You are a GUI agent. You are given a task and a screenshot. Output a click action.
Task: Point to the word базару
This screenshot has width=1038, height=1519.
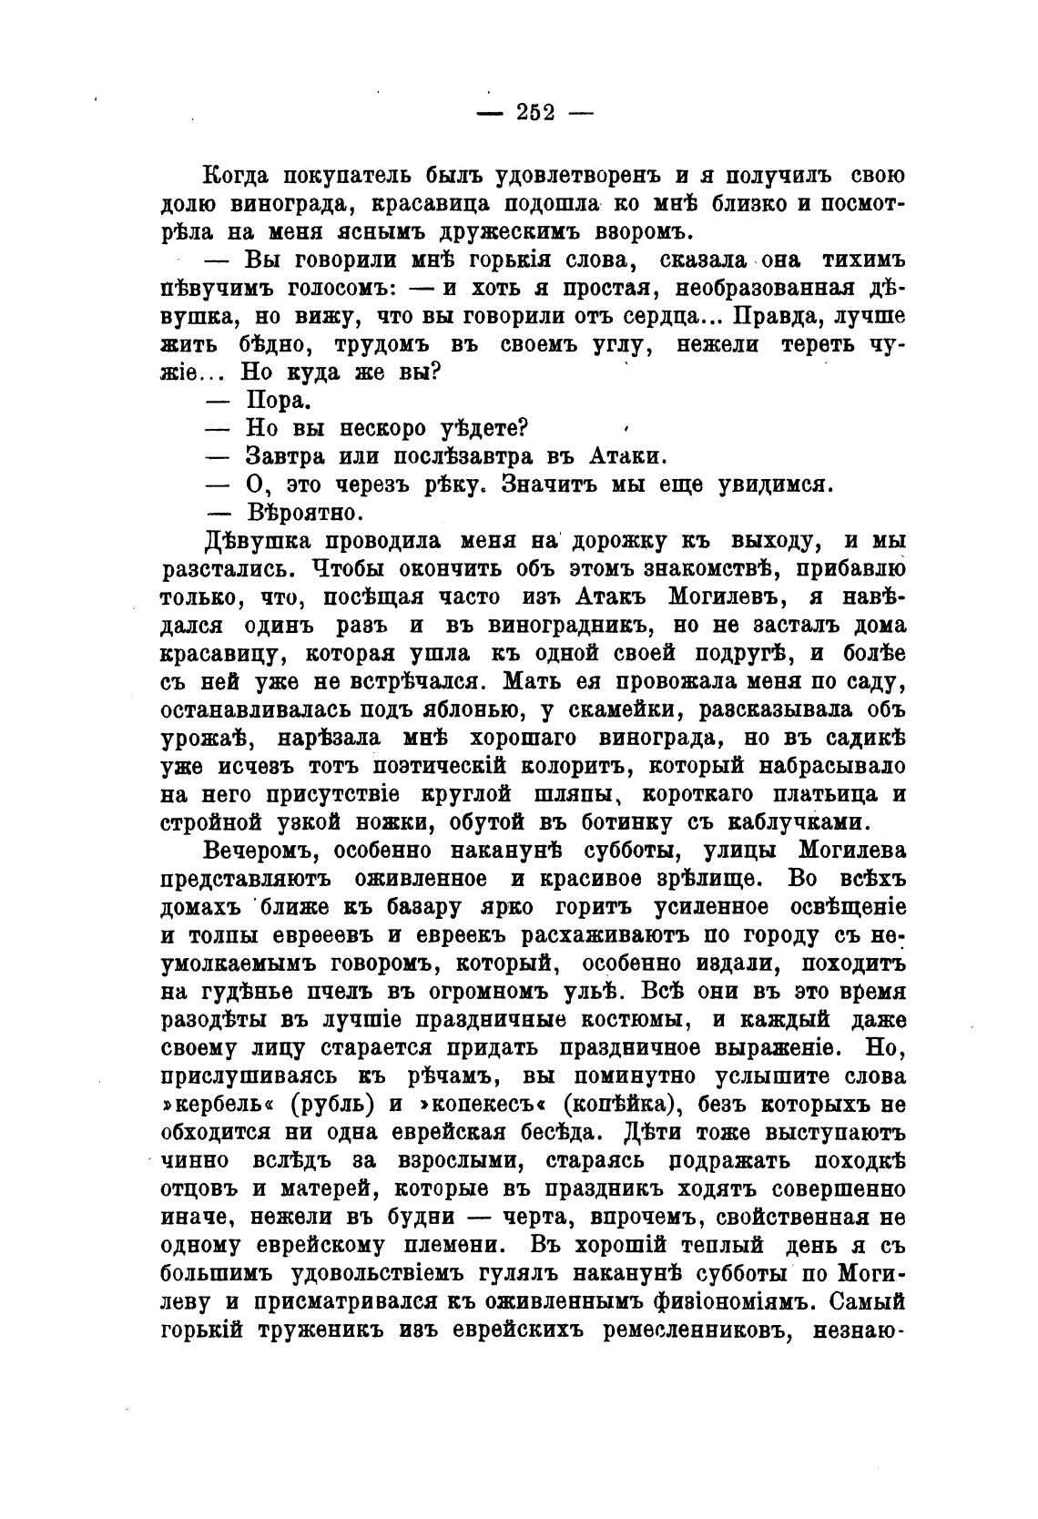[x=404, y=908]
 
